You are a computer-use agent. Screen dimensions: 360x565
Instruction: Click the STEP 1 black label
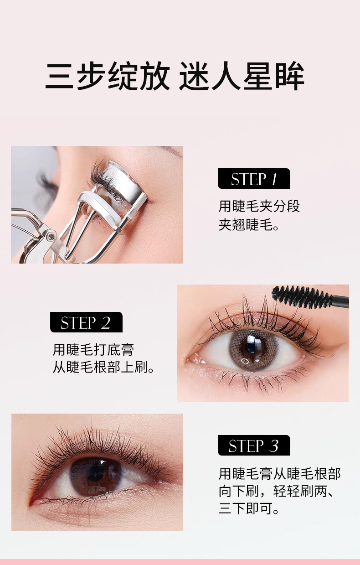[254, 179]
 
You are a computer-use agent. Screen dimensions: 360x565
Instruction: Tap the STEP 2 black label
[86, 322]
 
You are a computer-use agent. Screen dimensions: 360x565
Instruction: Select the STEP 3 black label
[254, 446]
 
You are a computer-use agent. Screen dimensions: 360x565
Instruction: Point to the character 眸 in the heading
[290, 76]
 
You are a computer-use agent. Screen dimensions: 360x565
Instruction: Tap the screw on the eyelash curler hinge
[51, 236]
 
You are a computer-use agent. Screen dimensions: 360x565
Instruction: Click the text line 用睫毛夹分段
[259, 206]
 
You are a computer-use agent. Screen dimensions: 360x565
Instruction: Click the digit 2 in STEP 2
[106, 322]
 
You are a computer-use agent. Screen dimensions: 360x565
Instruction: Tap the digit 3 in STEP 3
[273, 446]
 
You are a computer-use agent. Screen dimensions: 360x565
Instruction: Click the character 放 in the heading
[155, 76]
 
